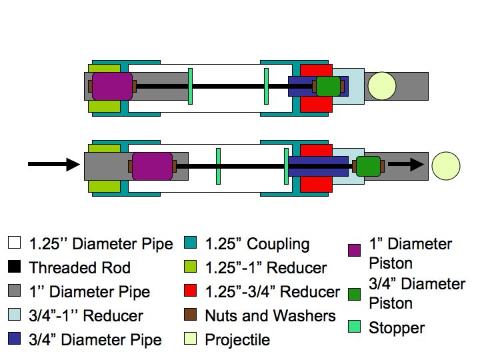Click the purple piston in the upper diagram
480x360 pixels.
pyautogui.click(x=112, y=86)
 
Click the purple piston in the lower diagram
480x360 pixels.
pyautogui.click(x=152, y=166)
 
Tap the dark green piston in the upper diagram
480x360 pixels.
pyautogui.click(x=328, y=86)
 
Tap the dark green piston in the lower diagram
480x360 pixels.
pyautogui.click(x=367, y=166)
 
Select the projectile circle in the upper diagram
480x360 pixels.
pyautogui.click(x=381, y=86)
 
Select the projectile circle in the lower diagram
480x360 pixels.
pyautogui.click(x=445, y=166)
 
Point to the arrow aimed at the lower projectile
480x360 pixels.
pyautogui.click(x=407, y=165)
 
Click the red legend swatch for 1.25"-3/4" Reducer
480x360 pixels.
pyautogui.click(x=192, y=293)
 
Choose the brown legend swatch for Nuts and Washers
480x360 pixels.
pyautogui.click(x=192, y=315)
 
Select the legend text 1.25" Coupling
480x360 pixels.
pyautogui.click(x=257, y=244)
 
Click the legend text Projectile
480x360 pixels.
pyautogui.click(x=237, y=339)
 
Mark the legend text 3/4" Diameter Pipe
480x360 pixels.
pyautogui.click(x=95, y=339)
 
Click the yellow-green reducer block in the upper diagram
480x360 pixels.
pyautogui.click(x=103, y=105)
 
